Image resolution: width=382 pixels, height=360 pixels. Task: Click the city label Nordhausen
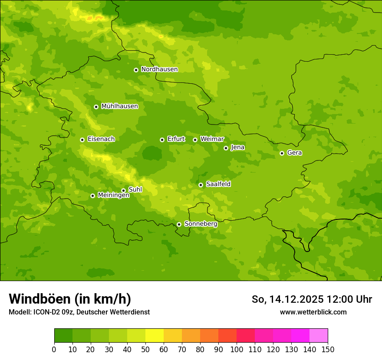(159, 69)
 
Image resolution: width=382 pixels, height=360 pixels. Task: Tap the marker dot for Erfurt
(162, 140)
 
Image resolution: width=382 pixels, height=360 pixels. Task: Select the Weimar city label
(212, 139)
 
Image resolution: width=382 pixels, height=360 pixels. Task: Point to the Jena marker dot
(226, 148)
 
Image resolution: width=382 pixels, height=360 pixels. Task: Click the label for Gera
(294, 153)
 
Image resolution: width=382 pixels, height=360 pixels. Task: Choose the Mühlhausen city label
(119, 106)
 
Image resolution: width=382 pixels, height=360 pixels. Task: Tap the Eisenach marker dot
(82, 140)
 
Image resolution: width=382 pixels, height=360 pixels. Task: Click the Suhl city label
(135, 190)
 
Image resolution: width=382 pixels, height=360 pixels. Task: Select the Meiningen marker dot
(92, 196)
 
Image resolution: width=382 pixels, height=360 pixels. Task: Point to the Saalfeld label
(218, 184)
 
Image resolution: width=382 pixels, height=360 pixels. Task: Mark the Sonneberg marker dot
(179, 224)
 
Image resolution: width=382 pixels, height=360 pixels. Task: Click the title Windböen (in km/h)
(70, 299)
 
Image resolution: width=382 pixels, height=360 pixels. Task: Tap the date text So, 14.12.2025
(287, 299)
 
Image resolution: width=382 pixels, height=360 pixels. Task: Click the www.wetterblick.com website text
(313, 312)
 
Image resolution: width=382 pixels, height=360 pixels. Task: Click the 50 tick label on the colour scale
(145, 349)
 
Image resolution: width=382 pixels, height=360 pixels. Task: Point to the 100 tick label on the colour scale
(237, 349)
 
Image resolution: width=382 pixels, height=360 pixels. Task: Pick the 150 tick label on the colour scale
(328, 349)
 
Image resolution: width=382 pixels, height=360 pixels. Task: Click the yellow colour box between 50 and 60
(155, 336)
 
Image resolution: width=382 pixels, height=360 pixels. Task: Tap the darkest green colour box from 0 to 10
(63, 336)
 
